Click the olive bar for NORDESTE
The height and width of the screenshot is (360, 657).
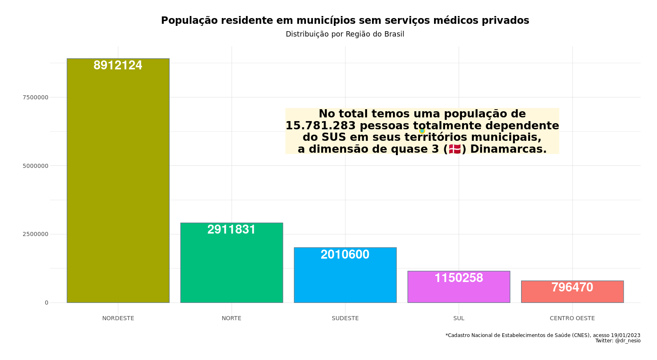118,185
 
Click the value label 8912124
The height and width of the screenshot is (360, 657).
118,65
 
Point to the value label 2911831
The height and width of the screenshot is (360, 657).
232,229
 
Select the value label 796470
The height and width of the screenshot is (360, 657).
572,287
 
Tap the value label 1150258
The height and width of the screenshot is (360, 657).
459,278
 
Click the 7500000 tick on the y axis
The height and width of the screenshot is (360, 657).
35,97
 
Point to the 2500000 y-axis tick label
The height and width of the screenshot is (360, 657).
35,234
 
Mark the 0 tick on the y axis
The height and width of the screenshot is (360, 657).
46,303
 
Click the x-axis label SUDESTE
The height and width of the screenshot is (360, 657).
345,318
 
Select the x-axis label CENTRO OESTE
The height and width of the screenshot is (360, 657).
572,318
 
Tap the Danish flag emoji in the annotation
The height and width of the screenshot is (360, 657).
455,149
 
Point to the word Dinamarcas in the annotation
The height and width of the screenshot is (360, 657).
508,149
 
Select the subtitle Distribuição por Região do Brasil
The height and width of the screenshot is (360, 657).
345,34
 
